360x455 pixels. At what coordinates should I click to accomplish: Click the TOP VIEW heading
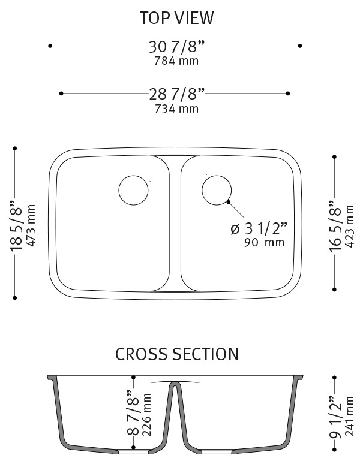tap(176, 18)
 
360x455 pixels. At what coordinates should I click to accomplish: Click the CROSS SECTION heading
tap(176, 354)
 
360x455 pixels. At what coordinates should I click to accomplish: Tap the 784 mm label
tap(176, 61)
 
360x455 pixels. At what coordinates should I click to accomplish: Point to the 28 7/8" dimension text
tap(176, 94)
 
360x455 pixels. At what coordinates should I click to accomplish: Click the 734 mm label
tap(176, 109)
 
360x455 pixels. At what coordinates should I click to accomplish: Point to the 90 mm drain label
tap(265, 243)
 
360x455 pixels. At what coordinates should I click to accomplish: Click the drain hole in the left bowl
tap(133, 190)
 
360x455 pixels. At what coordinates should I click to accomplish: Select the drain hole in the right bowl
tap(217, 190)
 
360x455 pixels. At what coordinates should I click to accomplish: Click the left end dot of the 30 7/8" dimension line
tap(51, 46)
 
